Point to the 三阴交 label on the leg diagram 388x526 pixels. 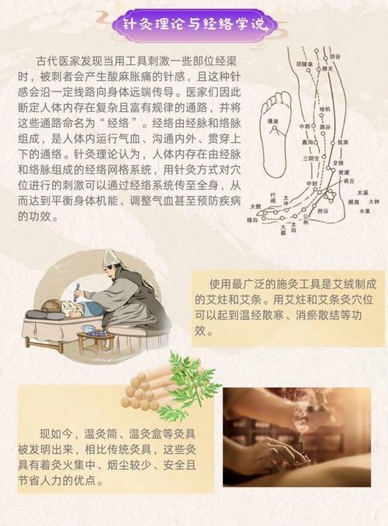[314, 158]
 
